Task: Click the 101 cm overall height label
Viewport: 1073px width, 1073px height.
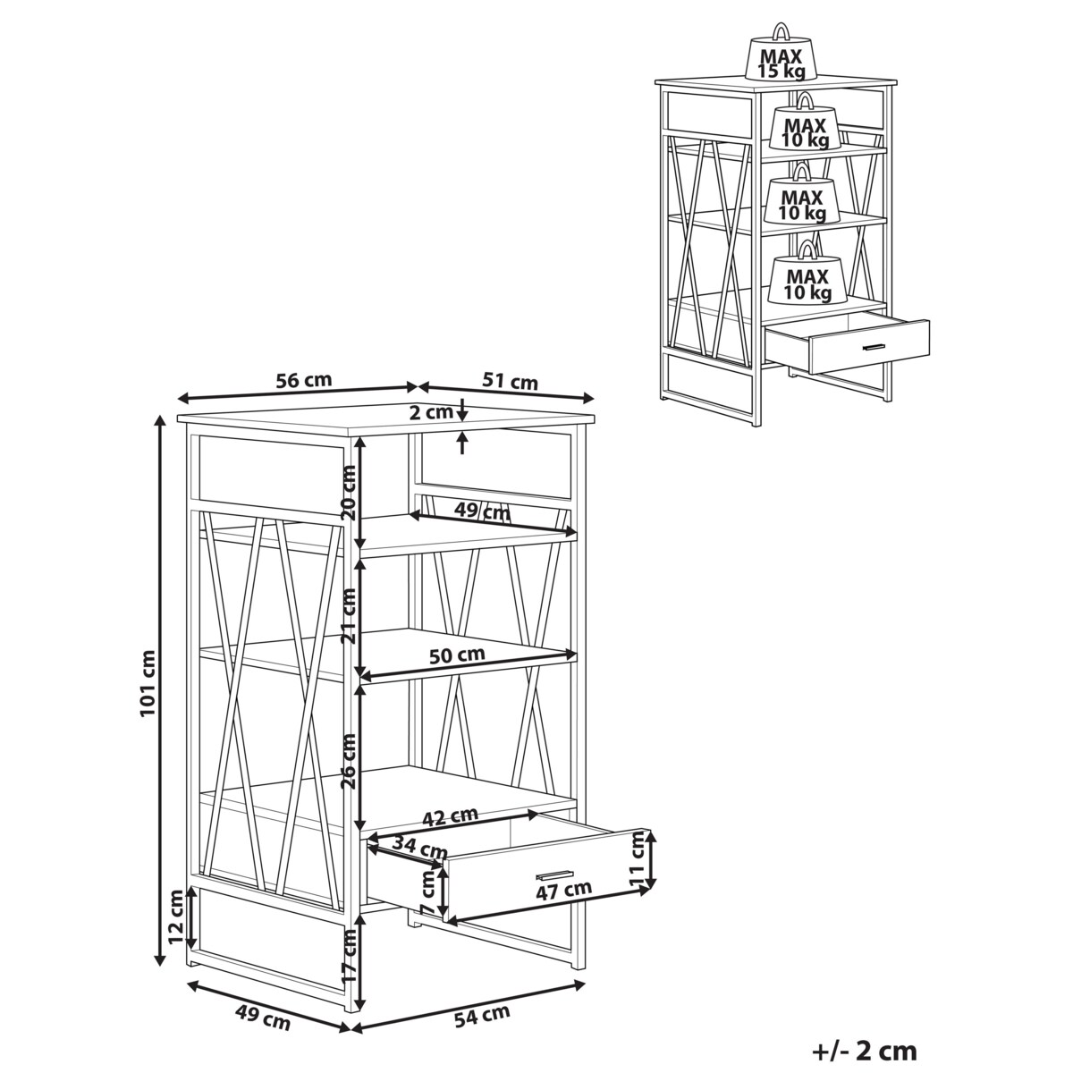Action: pyautogui.click(x=148, y=690)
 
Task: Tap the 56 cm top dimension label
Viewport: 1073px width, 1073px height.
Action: pyautogui.click(x=303, y=380)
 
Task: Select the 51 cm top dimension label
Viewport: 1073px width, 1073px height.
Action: pyautogui.click(x=510, y=382)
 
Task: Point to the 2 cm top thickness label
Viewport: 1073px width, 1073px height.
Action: pyautogui.click(x=431, y=412)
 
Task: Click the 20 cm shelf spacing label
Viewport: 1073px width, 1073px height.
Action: pyautogui.click(x=349, y=492)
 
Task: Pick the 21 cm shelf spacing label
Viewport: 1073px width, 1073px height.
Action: pyautogui.click(x=349, y=616)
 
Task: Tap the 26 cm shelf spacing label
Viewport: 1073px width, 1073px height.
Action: pyautogui.click(x=349, y=762)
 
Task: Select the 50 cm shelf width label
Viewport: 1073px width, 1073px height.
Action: pyautogui.click(x=457, y=655)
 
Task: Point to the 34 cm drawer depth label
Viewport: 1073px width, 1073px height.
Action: pyautogui.click(x=419, y=848)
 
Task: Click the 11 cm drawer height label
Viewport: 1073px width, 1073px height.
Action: pyautogui.click(x=638, y=863)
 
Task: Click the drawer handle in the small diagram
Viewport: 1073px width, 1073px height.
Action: pyautogui.click(x=874, y=348)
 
